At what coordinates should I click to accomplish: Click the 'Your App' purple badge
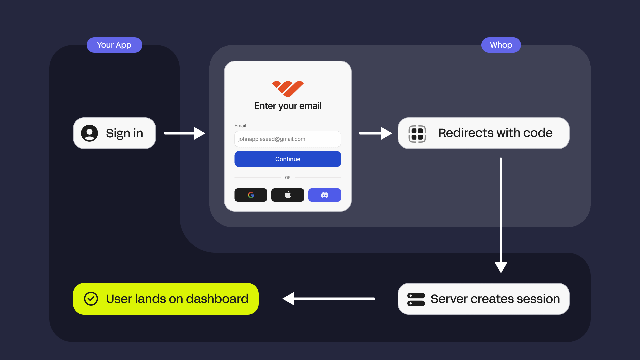coord(114,45)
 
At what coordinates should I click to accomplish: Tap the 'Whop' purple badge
coord(501,45)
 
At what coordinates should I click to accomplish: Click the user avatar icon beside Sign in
coord(89,133)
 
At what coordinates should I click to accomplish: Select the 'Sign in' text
coord(124,133)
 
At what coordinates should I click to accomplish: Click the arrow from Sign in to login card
coord(184,133)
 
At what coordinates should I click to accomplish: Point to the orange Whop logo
coord(288,88)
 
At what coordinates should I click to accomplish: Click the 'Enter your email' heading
coord(288,106)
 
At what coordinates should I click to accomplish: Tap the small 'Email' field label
coord(240,126)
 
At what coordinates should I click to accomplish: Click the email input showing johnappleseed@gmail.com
coord(288,139)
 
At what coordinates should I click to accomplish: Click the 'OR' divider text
coord(288,178)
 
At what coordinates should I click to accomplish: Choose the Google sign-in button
coord(251,195)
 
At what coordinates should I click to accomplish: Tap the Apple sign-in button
coord(288,195)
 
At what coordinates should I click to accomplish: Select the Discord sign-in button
coord(324,195)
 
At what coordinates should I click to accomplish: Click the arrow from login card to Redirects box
coord(375,133)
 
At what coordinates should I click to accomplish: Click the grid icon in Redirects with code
coord(417,134)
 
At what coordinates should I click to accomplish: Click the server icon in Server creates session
coord(416,299)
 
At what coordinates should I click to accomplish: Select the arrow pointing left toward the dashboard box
coord(329,299)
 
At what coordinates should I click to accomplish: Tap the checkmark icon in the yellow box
coord(91,299)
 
